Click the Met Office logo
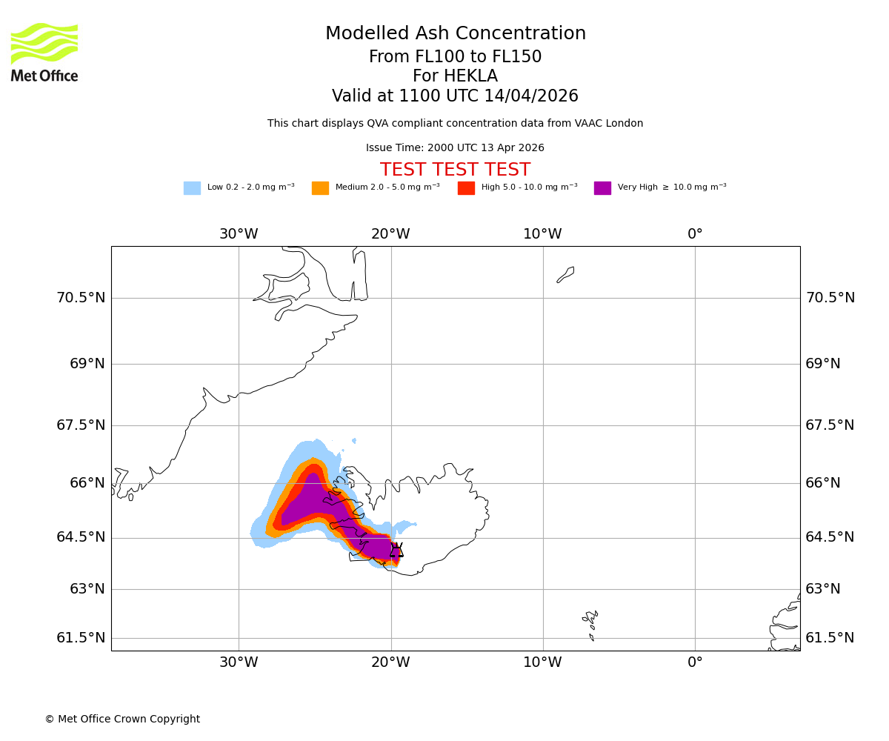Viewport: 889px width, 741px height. (44, 52)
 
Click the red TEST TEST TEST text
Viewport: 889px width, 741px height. (455, 170)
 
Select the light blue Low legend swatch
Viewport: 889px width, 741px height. (192, 188)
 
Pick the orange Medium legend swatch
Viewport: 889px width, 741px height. (320, 188)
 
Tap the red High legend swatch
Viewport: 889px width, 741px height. (466, 188)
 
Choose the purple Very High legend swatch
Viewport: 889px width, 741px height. (602, 188)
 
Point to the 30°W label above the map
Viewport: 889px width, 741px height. (239, 234)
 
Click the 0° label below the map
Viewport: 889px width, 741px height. (695, 662)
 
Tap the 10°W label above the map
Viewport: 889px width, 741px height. (542, 234)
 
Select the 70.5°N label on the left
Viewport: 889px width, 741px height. (81, 298)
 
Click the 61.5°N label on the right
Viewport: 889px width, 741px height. (830, 638)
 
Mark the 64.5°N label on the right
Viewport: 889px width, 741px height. (830, 537)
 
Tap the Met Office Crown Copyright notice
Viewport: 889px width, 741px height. (122, 719)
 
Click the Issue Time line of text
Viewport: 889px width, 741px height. (455, 148)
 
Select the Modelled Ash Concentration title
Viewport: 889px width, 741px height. (455, 34)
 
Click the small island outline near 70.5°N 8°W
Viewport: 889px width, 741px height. (565, 275)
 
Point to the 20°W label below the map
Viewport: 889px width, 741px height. (390, 662)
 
